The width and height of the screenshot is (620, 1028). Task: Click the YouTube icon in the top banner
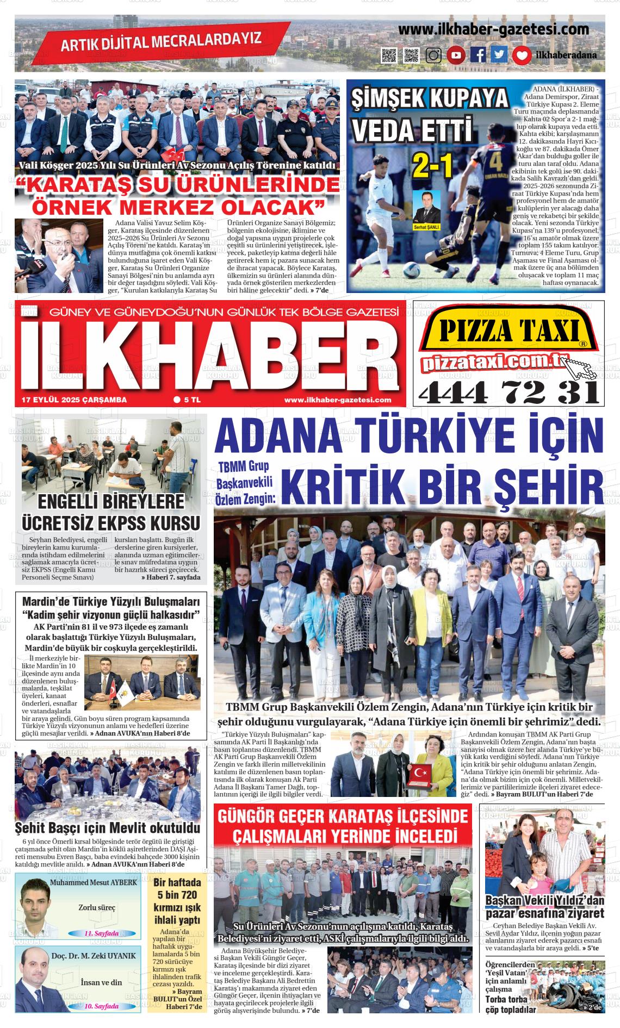coord(456,55)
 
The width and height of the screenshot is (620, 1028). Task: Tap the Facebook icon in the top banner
coord(478,55)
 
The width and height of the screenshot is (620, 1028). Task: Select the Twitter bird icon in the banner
coord(499,55)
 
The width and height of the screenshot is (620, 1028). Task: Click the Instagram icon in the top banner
coord(433,55)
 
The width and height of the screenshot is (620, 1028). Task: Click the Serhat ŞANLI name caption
coord(427,227)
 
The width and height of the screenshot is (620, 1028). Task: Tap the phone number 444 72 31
coord(509,391)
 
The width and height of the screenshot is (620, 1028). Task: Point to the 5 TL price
coord(188,400)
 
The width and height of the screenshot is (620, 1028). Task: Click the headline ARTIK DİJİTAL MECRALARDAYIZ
coord(161,41)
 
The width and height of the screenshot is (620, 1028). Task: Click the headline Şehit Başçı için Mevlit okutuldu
coord(108,828)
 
